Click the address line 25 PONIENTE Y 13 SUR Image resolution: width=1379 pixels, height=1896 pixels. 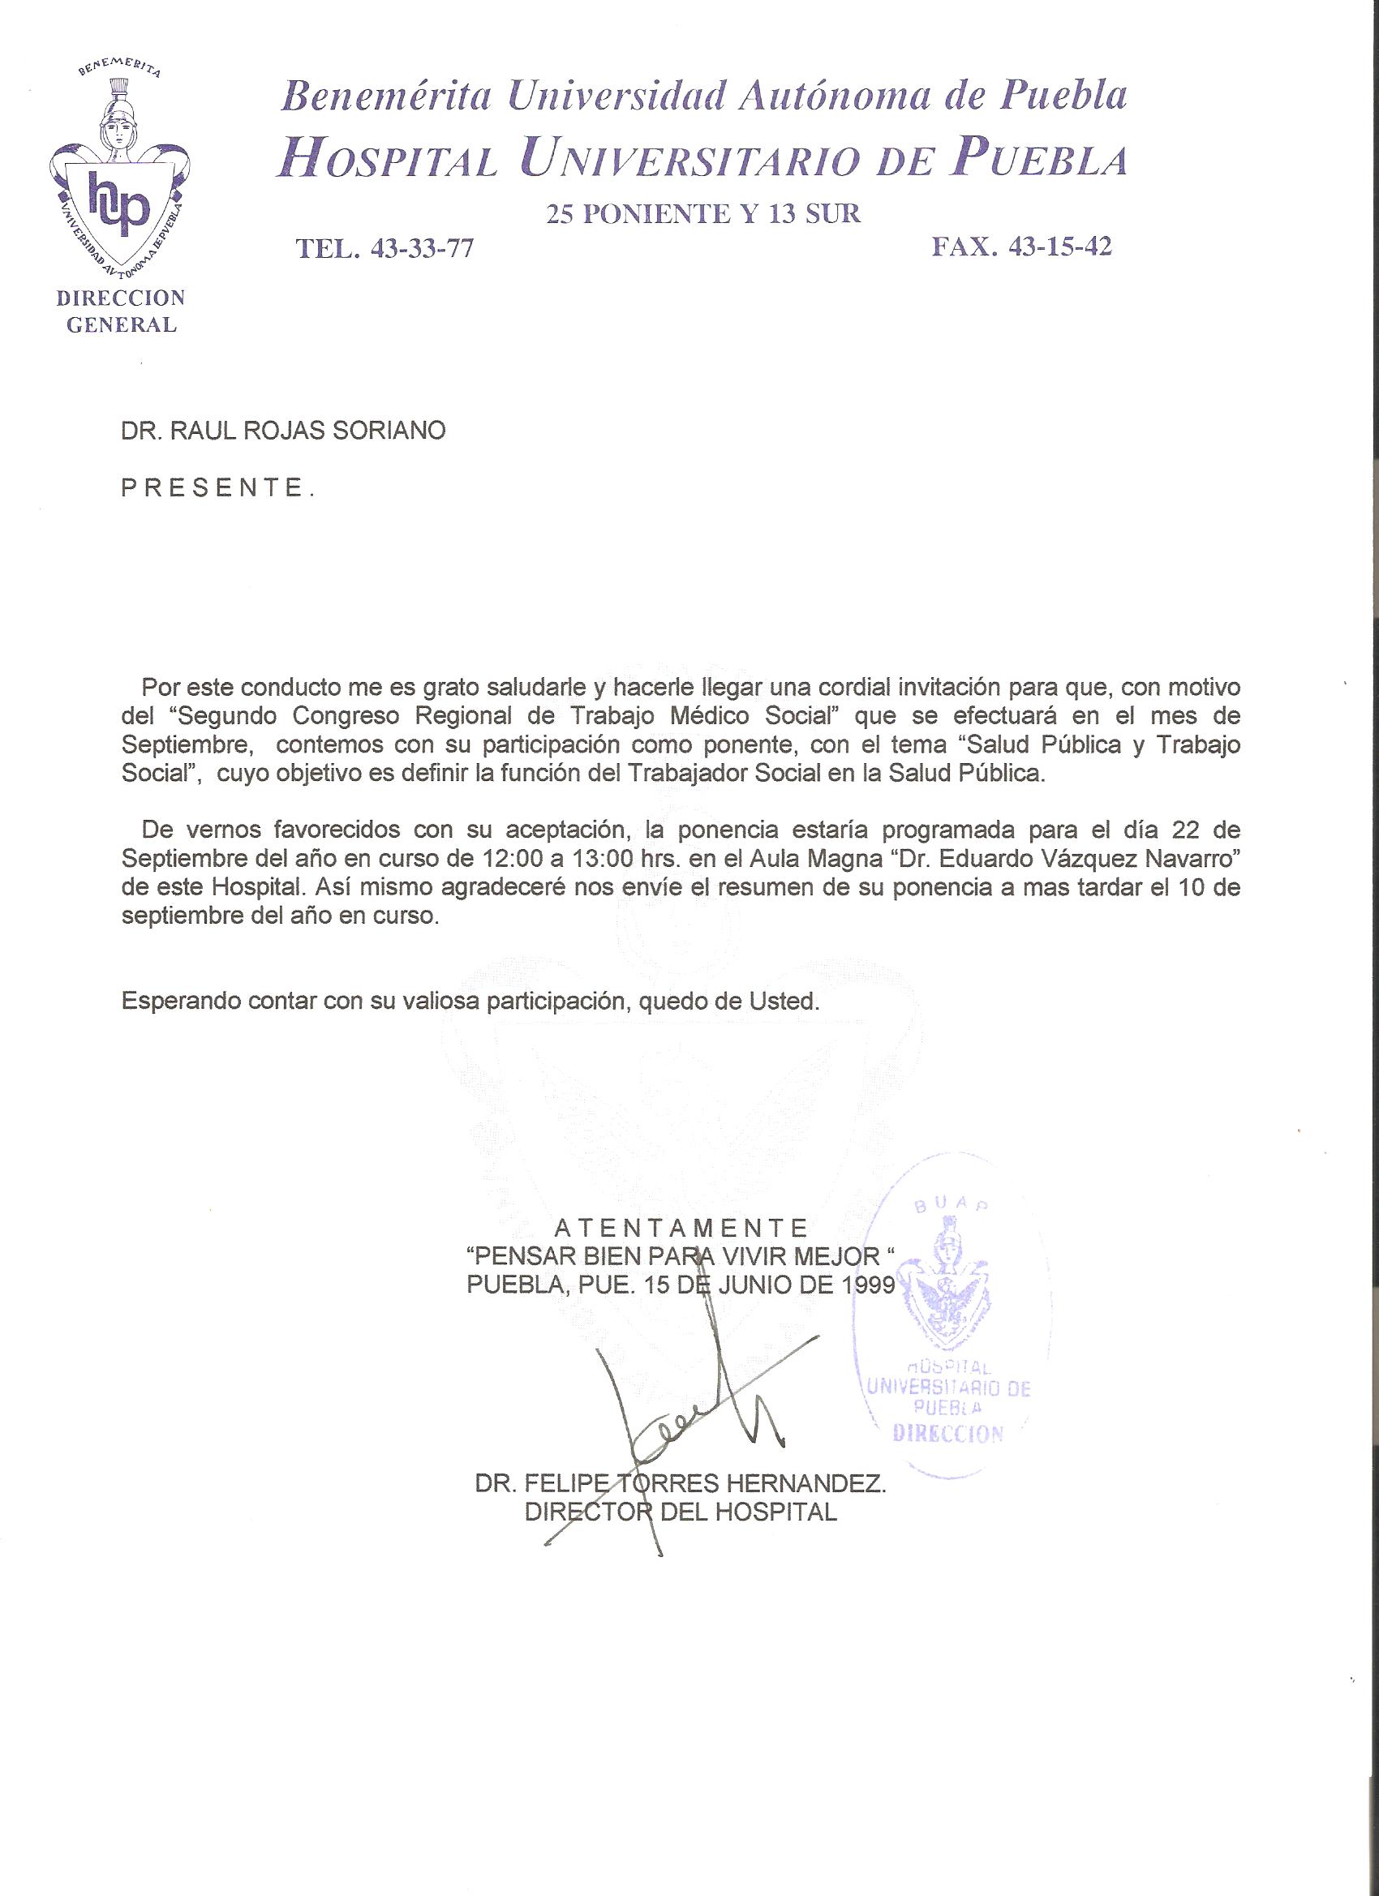pos(703,214)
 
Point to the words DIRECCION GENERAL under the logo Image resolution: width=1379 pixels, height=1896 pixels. pos(120,311)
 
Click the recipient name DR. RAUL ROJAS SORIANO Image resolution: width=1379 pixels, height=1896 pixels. pos(283,431)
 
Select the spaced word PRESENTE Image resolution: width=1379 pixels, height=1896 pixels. pos(217,487)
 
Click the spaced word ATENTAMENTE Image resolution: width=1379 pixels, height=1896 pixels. pos(681,1228)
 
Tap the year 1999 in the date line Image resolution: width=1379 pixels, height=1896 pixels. pos(869,1285)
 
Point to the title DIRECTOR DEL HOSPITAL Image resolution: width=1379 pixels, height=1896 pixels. pos(681,1512)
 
